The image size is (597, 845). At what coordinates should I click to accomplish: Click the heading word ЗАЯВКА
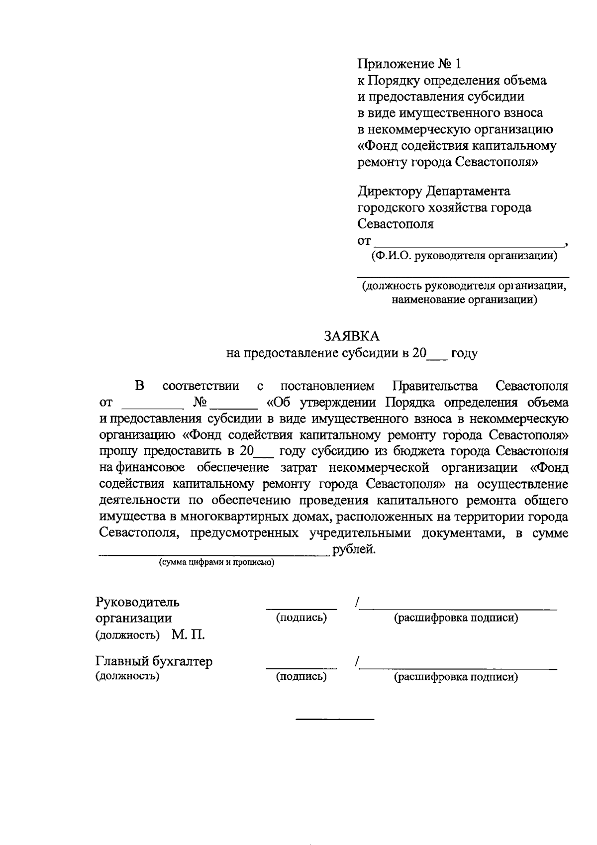pos(352,336)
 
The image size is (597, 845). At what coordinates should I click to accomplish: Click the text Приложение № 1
pos(409,64)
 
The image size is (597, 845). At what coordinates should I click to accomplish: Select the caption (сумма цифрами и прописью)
pos(216,563)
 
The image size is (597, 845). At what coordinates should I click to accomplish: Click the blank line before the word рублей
pos(214,553)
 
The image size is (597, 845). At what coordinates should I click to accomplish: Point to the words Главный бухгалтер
pos(154,661)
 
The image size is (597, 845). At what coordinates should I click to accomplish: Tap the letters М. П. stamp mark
pos(189,635)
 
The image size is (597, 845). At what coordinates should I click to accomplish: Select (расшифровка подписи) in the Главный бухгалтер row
pos(456,677)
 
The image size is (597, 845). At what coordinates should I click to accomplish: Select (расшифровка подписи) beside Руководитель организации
pos(456,618)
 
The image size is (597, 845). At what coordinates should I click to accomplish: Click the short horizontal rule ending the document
pos(334,719)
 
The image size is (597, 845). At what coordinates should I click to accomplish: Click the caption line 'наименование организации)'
pos(464,300)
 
